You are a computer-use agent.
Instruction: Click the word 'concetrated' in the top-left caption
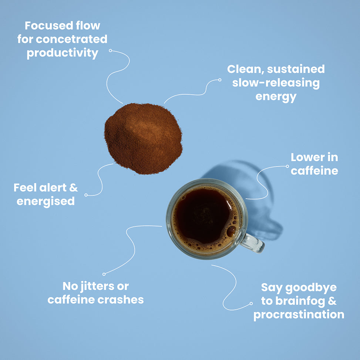tap(72, 39)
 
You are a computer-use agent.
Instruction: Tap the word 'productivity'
tap(63, 53)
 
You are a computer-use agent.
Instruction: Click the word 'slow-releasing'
tap(276, 83)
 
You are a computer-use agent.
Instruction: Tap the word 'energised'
tap(46, 201)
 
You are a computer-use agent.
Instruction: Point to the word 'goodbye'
tap(311, 288)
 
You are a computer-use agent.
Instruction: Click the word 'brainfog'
tap(300, 302)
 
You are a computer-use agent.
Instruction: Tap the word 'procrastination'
tap(299, 315)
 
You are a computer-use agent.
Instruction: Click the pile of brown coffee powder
tap(143, 138)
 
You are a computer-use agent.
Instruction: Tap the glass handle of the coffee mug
tap(253, 243)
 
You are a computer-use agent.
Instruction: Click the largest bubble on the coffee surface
tap(231, 231)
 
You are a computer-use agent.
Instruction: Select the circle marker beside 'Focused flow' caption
tap(110, 51)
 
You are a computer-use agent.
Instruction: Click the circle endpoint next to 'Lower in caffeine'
tap(287, 166)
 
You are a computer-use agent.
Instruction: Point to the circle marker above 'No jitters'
tap(104, 274)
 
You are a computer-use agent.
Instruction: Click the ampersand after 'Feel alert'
tap(74, 188)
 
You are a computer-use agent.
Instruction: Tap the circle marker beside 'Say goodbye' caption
tap(251, 303)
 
